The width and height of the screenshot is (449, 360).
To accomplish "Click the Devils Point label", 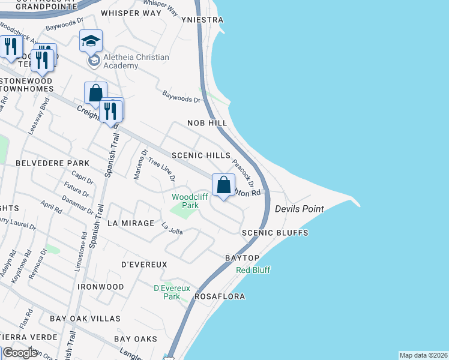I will point(300,209).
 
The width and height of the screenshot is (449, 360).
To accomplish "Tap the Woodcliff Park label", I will point(185,200).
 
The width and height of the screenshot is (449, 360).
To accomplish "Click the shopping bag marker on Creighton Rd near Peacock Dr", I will point(223,184).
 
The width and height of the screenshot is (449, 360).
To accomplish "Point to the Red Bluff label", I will point(253,271).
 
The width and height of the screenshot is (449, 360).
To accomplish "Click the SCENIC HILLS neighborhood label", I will point(200,155).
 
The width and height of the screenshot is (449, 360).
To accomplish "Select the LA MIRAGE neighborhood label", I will point(130,223).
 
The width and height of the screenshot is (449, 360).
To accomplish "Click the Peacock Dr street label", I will point(243,174).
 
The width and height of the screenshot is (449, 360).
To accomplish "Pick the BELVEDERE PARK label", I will point(52,163).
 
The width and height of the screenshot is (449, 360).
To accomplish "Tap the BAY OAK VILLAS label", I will point(85,319).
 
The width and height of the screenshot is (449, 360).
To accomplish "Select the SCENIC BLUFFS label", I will point(275,233).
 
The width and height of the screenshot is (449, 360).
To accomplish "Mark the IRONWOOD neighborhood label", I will point(100,287).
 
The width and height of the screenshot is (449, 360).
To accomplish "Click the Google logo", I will point(20,353).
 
